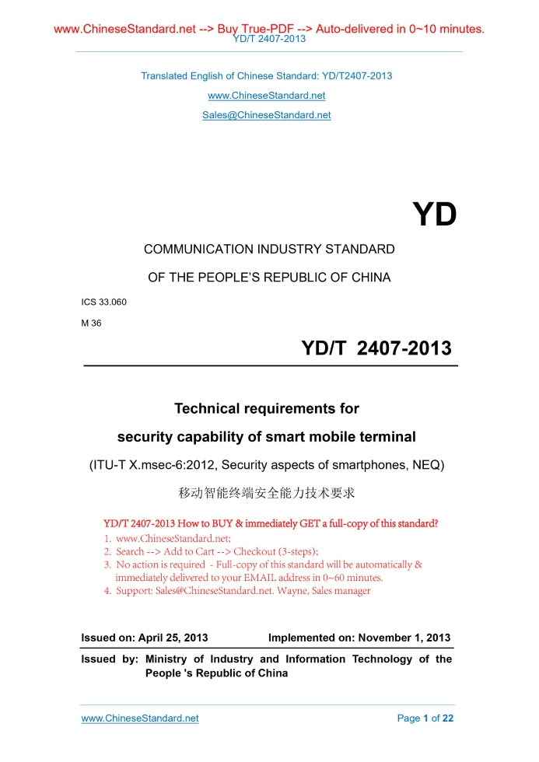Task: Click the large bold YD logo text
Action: (434, 215)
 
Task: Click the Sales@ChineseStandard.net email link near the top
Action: (267, 115)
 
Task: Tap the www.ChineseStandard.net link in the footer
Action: (140, 718)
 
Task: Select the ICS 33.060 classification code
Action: (103, 302)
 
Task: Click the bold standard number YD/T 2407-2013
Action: (376, 348)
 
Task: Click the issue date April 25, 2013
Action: (173, 638)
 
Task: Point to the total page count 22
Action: (447, 718)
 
